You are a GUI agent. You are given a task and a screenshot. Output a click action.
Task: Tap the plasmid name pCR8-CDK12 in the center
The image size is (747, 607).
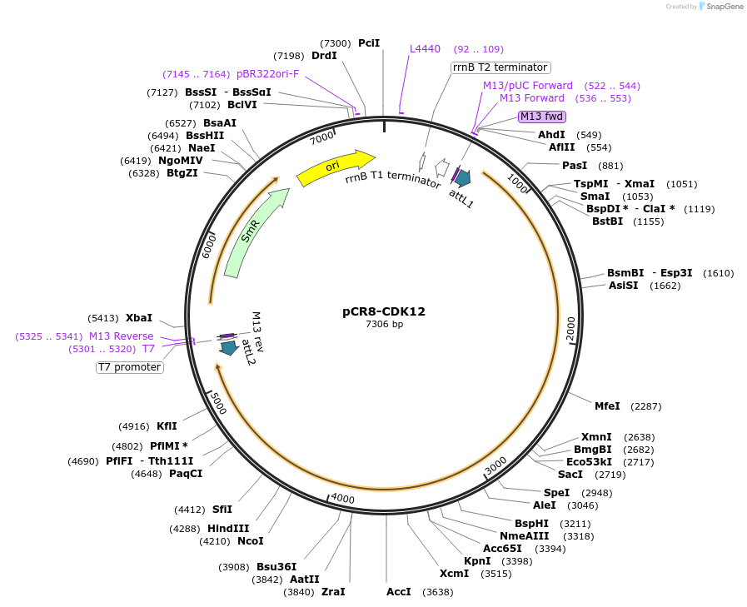pyautogui.click(x=384, y=311)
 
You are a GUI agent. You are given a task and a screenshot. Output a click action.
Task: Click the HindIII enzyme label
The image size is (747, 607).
pyautogui.click(x=228, y=528)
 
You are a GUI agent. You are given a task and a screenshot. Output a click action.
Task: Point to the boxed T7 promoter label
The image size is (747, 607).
pyautogui.click(x=130, y=366)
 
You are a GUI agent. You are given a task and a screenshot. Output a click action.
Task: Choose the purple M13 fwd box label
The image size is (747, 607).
pyautogui.click(x=542, y=117)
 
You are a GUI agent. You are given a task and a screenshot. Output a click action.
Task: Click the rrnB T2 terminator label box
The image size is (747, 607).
pyautogui.click(x=500, y=67)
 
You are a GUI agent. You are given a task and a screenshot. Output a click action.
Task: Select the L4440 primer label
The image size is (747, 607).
pyautogui.click(x=425, y=49)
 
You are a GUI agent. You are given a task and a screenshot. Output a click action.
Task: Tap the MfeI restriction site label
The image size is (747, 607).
pyautogui.click(x=607, y=406)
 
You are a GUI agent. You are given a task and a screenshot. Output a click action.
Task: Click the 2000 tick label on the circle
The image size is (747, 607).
pyautogui.click(x=571, y=328)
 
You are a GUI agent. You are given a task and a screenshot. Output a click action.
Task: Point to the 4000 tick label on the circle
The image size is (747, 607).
pyautogui.click(x=343, y=498)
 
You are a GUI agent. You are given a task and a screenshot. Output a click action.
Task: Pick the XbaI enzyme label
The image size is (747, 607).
pyautogui.click(x=139, y=317)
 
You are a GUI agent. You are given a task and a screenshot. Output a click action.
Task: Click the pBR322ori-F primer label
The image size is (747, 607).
pyautogui.click(x=267, y=74)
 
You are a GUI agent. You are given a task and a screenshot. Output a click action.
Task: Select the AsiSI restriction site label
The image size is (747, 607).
pyautogui.click(x=623, y=285)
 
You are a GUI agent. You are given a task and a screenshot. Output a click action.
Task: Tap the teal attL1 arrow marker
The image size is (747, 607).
pyautogui.click(x=461, y=177)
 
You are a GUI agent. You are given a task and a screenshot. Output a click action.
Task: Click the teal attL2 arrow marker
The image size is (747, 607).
pyautogui.click(x=227, y=347)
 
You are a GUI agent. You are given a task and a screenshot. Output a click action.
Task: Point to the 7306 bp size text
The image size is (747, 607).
pyautogui.click(x=384, y=324)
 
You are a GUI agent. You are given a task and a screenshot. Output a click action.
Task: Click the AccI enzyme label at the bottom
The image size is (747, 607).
pyautogui.click(x=399, y=592)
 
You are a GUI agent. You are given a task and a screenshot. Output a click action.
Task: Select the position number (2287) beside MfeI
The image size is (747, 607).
pyautogui.click(x=646, y=406)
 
